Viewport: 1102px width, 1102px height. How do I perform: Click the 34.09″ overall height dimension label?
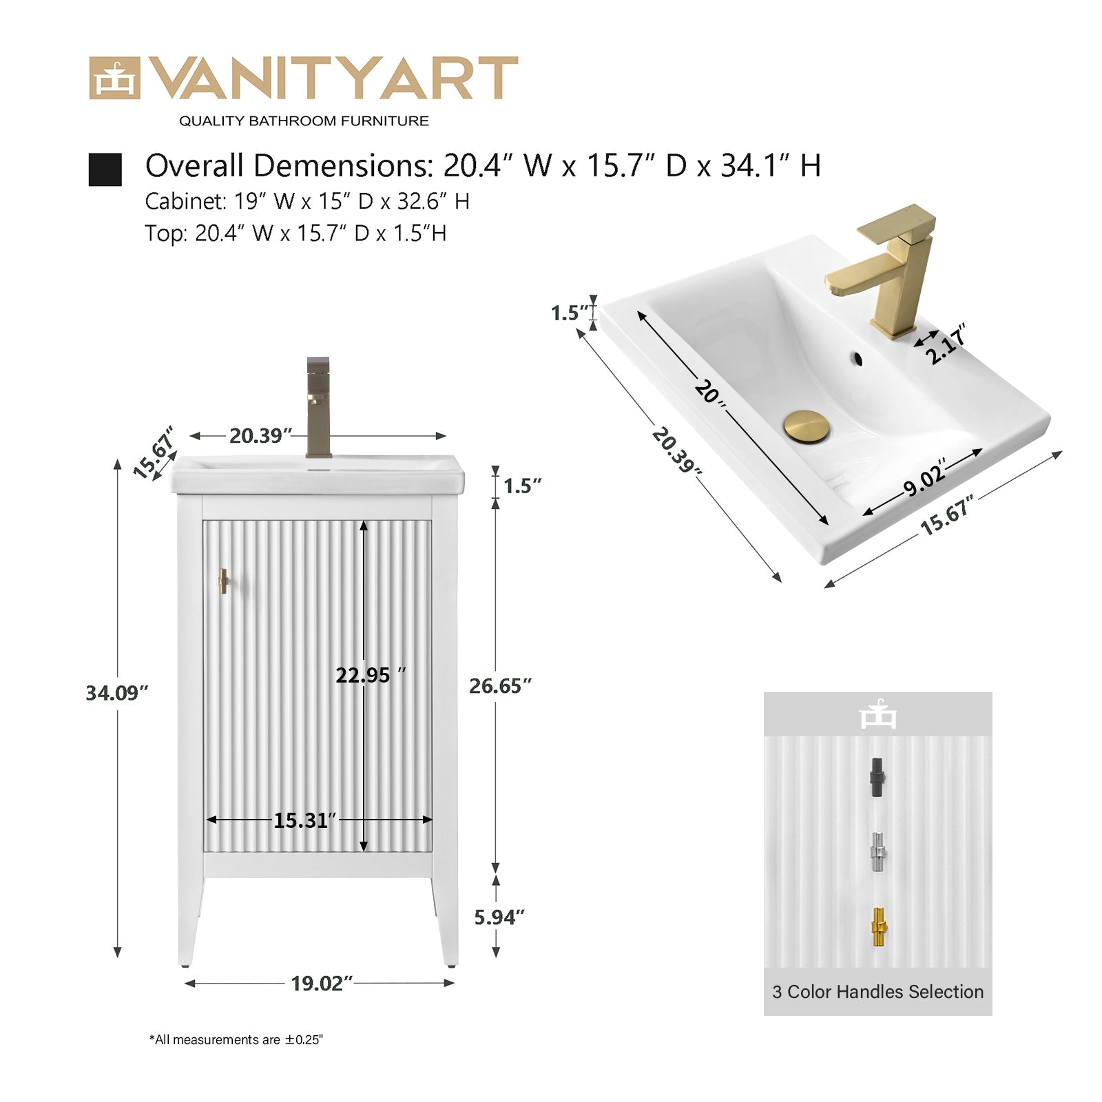117,693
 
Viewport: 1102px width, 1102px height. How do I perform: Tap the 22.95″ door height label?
371,675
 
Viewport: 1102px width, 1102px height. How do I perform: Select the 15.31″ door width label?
305,820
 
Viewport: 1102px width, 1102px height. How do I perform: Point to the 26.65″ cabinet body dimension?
501,686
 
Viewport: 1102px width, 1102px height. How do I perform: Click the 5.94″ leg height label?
499,917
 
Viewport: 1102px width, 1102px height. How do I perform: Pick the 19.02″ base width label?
322,984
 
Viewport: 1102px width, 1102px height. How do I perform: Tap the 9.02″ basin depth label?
925,477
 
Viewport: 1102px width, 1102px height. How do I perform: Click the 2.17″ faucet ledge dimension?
946,344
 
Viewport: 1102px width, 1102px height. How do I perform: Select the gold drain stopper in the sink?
807,425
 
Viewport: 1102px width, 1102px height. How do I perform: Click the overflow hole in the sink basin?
857,358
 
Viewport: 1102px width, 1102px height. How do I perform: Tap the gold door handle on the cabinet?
223,581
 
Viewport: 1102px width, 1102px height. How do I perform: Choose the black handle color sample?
877,778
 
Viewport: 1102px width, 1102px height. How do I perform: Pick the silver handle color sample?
877,852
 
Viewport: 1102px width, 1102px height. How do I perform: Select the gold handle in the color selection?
878,927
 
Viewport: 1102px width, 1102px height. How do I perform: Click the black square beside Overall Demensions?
105,169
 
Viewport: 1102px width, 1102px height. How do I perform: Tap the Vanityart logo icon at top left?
114,79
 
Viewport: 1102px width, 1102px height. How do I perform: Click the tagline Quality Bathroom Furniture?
304,121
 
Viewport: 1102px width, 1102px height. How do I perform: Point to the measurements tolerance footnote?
236,1039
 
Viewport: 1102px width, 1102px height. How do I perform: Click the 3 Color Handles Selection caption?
878,992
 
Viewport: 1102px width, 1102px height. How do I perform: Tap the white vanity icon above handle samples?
878,714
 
